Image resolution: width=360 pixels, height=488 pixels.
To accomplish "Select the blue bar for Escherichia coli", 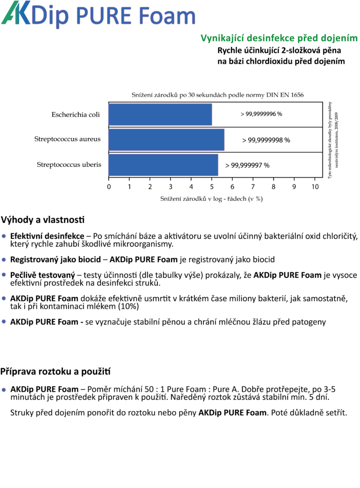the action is pyautogui.click(x=160, y=114).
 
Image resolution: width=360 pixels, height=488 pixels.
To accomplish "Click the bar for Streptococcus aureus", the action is pyautogui.click(x=166, y=140).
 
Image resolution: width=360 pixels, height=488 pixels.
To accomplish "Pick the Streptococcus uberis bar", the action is pyautogui.click(x=164, y=165).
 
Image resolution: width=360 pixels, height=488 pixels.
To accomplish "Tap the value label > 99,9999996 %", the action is pyautogui.click(x=261, y=114).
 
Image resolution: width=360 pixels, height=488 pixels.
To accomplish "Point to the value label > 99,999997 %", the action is pyautogui.click(x=247, y=165).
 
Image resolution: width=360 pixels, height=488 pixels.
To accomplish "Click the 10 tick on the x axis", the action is pyautogui.click(x=315, y=187).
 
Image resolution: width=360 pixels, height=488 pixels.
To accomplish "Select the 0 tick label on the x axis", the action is pyautogui.click(x=109, y=187).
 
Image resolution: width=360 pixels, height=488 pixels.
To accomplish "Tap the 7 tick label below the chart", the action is pyautogui.click(x=253, y=187).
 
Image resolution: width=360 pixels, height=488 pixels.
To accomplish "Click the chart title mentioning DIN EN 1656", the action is pyautogui.click(x=217, y=95).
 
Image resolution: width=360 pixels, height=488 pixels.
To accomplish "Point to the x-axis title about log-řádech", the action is pyautogui.click(x=211, y=199).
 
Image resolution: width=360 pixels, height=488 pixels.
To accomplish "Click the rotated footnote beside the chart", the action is pyautogui.click(x=333, y=140).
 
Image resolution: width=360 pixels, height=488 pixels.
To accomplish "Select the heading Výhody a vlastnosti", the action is pyautogui.click(x=42, y=220).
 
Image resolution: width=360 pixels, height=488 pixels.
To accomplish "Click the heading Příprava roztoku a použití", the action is pyautogui.click(x=55, y=371).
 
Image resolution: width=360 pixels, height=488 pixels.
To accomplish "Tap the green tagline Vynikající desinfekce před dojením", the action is pyautogui.click(x=279, y=38).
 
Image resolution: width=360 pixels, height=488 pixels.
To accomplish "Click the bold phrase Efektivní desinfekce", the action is pyautogui.click(x=47, y=236).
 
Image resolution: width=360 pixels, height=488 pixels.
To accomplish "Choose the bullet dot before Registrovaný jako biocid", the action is pyautogui.click(x=4, y=260).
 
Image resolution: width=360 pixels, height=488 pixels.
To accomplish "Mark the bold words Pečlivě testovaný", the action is pyautogui.click(x=42, y=275).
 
